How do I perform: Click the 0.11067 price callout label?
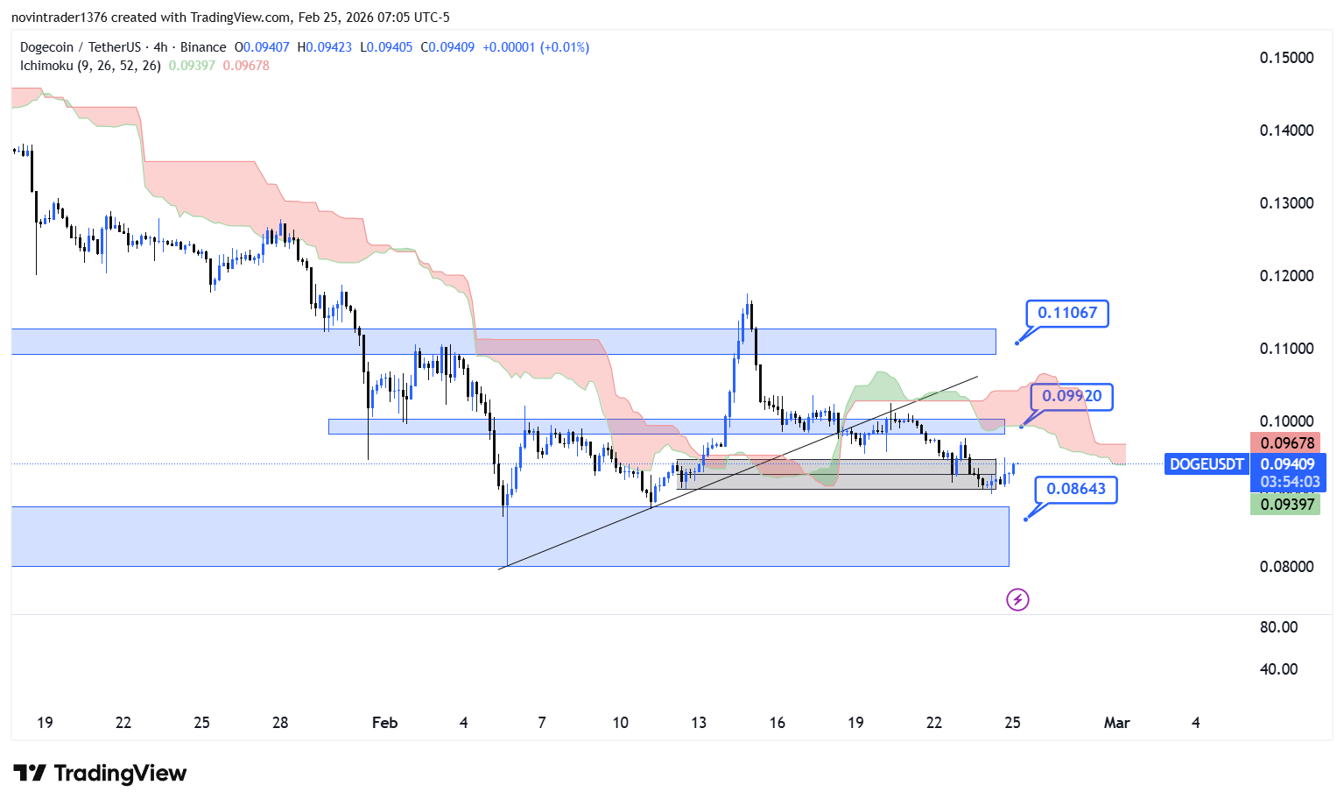coord(1067,313)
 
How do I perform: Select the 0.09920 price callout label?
coord(1072,396)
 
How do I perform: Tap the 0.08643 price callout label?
coord(1076,489)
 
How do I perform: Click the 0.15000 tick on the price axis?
coord(1286,58)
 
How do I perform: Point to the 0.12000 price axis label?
coord(1286,276)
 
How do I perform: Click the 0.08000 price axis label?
coord(1286,567)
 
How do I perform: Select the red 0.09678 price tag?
coord(1287,443)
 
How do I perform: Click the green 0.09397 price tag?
coord(1287,504)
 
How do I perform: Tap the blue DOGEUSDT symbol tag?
coord(1207,464)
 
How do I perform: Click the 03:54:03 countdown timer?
coord(1290,482)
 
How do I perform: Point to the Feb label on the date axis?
coord(384,723)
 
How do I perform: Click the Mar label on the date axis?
coord(1116,723)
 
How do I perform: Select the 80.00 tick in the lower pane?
coord(1278,627)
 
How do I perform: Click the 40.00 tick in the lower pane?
coord(1278,669)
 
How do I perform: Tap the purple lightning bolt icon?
coord(1017,600)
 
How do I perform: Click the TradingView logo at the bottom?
coord(100,774)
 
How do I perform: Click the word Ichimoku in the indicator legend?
coord(47,66)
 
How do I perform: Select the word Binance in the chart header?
coord(203,47)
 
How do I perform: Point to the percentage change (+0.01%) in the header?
coord(565,47)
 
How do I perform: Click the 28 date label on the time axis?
coord(280,723)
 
